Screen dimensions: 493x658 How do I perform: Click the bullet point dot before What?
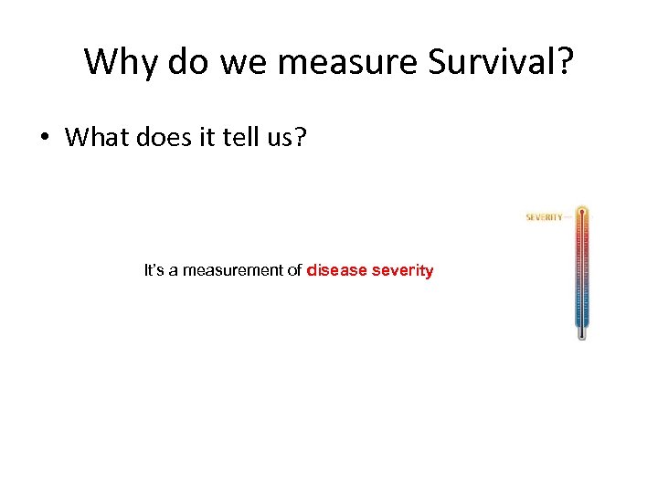pyautogui.click(x=44, y=138)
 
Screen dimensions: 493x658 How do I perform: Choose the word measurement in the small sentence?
pyautogui.click(x=242, y=271)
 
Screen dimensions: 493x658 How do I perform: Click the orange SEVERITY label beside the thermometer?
pyautogui.click(x=544, y=217)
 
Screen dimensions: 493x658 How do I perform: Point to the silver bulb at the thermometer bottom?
pyautogui.click(x=581, y=334)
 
